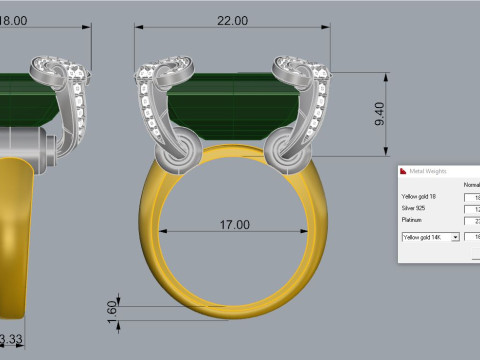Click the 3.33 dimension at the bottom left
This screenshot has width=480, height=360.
click(11, 340)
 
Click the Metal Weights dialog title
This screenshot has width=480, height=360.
click(431, 171)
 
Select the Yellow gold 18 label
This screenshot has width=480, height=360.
click(418, 196)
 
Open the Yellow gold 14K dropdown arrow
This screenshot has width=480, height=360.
click(455, 237)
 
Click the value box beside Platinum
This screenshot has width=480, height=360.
click(472, 221)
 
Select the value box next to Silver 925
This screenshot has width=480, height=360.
click(472, 208)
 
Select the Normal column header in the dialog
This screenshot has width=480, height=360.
click(471, 184)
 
